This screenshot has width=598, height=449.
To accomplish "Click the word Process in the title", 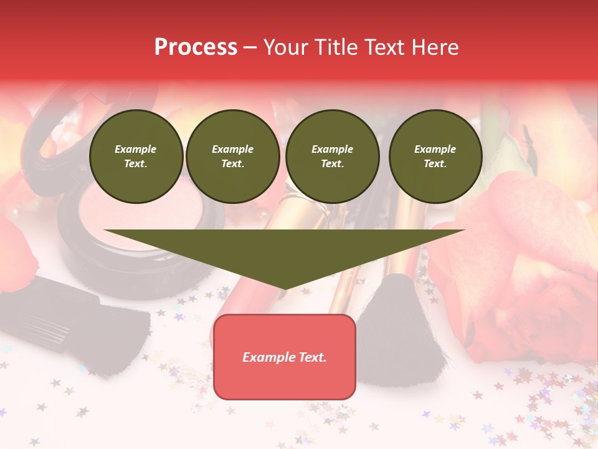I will click(x=196, y=47).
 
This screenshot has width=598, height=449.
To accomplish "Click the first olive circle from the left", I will click(x=136, y=157).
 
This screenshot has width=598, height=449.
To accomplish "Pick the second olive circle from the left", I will click(x=233, y=157).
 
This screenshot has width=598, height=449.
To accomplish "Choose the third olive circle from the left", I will click(x=333, y=157).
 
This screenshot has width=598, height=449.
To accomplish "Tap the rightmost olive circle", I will click(x=435, y=157).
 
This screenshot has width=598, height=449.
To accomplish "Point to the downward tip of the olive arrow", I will click(x=285, y=289).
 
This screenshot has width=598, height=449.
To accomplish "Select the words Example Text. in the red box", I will click(x=285, y=357).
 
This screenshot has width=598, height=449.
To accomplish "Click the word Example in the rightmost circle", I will click(x=435, y=149).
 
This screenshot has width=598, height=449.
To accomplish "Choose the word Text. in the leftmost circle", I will click(x=136, y=164).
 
